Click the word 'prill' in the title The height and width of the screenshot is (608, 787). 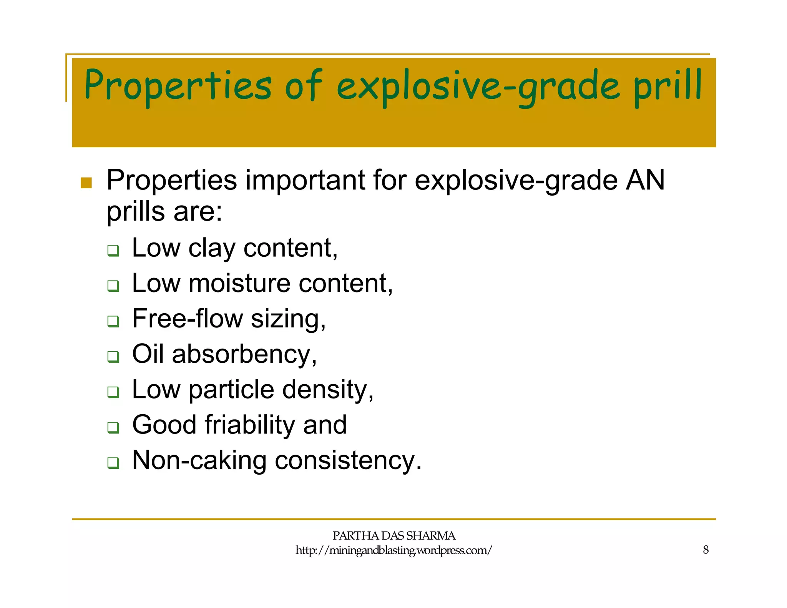click(x=667, y=86)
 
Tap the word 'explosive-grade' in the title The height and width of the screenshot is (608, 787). click(x=478, y=86)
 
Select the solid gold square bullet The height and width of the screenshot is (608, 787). click(x=86, y=183)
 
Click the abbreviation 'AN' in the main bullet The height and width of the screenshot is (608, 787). click(x=645, y=180)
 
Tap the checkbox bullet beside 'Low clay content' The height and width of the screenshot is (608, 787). click(x=113, y=251)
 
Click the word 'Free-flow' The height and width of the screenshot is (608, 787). click(x=187, y=319)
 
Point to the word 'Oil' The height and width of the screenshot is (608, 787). click(x=148, y=354)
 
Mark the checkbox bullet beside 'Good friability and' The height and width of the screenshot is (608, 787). click(x=113, y=427)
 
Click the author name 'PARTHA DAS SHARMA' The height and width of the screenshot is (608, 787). click(x=393, y=536)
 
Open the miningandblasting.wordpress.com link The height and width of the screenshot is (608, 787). click(x=393, y=550)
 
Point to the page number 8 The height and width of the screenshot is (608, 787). click(x=706, y=550)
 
